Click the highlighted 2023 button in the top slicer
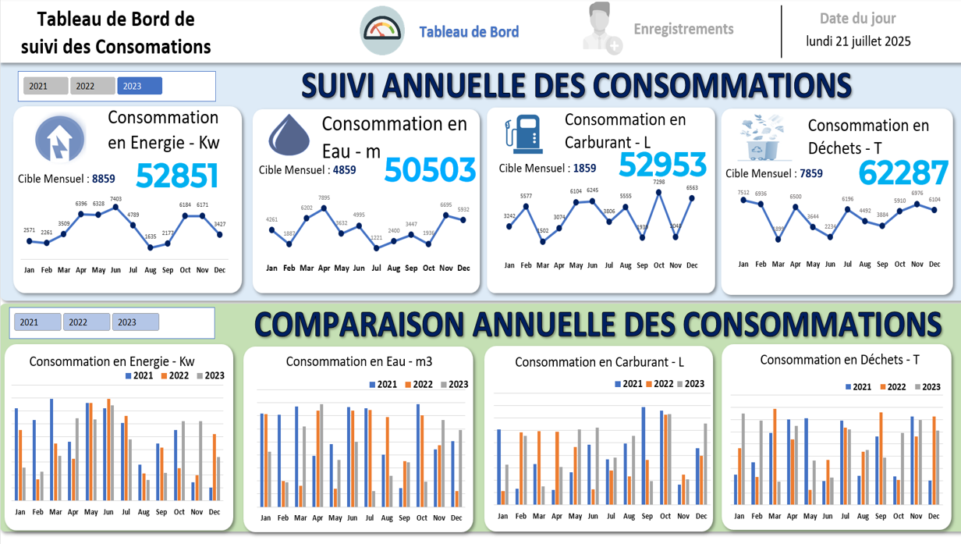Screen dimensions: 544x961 (x=140, y=86)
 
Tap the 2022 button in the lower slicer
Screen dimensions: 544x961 (x=86, y=322)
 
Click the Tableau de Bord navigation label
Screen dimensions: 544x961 (x=469, y=32)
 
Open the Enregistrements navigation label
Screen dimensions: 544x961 (x=683, y=29)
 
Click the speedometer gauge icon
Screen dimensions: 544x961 (x=382, y=30)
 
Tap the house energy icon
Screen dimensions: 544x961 (x=60, y=139)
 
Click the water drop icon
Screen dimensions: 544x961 (x=289, y=135)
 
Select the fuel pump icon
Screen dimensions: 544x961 (x=523, y=133)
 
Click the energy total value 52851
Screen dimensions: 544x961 (x=177, y=176)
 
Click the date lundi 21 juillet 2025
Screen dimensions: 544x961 (x=858, y=41)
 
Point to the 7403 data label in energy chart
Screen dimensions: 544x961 (x=115, y=200)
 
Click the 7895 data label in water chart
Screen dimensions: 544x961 (x=324, y=199)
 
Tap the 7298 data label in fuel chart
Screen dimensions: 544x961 (x=659, y=183)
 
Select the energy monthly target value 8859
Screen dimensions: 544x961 (x=103, y=179)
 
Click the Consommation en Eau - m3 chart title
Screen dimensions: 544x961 (x=359, y=361)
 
